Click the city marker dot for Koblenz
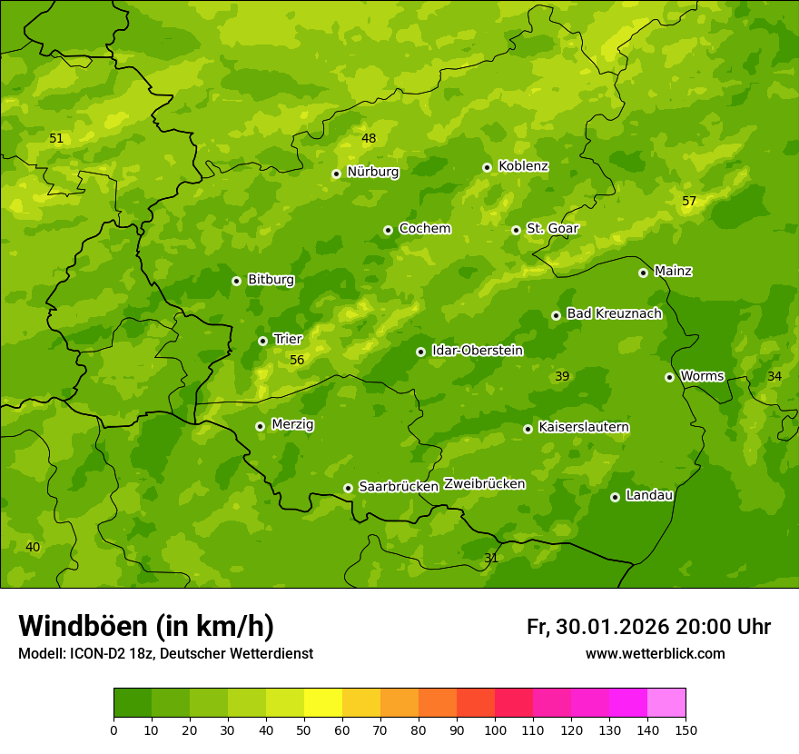[x=487, y=167]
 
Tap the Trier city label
[x=288, y=339]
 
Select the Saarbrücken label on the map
[x=399, y=486]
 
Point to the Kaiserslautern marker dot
[x=528, y=429]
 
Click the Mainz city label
[x=673, y=271]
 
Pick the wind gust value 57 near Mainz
[x=689, y=201]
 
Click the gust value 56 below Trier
[x=297, y=360]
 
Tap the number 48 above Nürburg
[x=369, y=138]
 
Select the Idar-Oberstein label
[x=477, y=350]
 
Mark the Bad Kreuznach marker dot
[x=556, y=315]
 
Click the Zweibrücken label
[x=484, y=483]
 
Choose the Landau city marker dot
[x=615, y=497]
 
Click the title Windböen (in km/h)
[x=146, y=626]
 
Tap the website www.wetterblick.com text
[x=655, y=653]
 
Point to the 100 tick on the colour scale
[x=495, y=729]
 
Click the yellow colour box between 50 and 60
[x=323, y=703]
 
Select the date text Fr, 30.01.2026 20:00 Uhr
[x=648, y=627]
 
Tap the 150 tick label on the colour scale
[x=686, y=729]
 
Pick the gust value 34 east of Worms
[x=774, y=376]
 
